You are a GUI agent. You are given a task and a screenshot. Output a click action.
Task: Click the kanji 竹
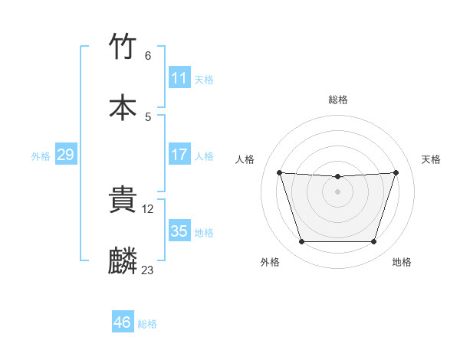(x=123, y=47)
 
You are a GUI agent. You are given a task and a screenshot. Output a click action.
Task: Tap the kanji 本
(x=123, y=107)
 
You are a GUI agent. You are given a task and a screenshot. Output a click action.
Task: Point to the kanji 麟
(x=123, y=261)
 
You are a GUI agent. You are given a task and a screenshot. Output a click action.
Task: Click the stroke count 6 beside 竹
(x=148, y=56)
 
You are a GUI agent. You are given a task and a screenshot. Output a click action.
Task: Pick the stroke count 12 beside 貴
(x=149, y=208)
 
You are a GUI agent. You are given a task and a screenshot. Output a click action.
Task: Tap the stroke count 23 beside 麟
(x=148, y=270)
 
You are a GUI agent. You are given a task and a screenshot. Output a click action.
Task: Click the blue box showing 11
(x=179, y=78)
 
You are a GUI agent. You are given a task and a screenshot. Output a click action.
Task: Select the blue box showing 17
(x=179, y=155)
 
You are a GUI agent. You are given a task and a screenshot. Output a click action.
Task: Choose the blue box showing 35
(x=179, y=231)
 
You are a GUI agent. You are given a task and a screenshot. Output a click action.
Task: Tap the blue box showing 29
(x=65, y=155)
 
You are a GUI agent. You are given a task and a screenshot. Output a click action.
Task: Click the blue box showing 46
(x=122, y=322)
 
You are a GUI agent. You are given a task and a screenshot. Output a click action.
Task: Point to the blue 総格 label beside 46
(x=147, y=324)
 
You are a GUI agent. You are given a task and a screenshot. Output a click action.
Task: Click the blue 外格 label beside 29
(x=41, y=156)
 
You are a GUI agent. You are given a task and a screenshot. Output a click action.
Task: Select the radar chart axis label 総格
(x=338, y=100)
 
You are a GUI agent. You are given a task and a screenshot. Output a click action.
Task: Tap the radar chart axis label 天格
(x=432, y=159)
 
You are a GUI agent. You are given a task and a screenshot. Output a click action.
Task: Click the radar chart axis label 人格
(x=245, y=159)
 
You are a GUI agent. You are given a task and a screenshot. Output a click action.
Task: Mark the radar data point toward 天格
(x=396, y=172)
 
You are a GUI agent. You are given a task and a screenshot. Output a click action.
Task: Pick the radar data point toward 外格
(x=301, y=242)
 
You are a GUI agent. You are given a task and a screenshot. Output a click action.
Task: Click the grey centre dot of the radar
(x=337, y=191)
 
